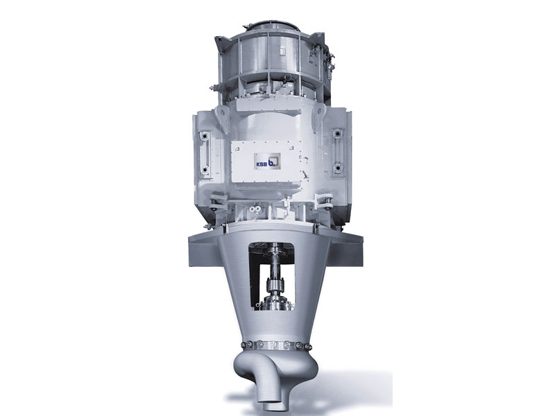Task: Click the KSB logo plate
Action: coord(267,162)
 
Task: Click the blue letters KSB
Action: coord(262,164)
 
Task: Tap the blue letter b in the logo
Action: coord(273,162)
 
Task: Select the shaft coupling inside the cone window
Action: coord(275,285)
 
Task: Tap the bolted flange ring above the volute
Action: coord(276,345)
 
